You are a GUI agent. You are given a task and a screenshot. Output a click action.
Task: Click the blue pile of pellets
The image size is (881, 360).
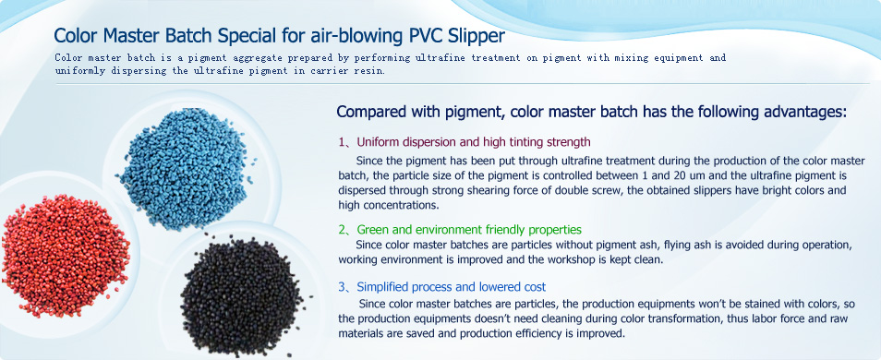(x=185, y=169)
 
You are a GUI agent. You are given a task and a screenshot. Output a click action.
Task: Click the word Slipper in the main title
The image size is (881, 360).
(x=477, y=36)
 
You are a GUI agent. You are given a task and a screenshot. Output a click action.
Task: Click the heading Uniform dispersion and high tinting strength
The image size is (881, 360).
(x=474, y=141)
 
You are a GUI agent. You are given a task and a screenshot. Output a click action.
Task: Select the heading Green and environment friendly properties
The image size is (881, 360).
(x=469, y=230)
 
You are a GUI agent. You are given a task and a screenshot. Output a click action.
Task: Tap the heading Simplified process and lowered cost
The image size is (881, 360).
(x=452, y=287)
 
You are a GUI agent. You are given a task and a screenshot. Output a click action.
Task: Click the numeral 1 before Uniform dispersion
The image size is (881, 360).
(x=342, y=141)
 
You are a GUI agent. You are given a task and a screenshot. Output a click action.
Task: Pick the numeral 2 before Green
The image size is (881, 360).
(x=342, y=230)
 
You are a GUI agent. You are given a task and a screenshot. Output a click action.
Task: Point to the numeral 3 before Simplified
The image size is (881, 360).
(x=342, y=287)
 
